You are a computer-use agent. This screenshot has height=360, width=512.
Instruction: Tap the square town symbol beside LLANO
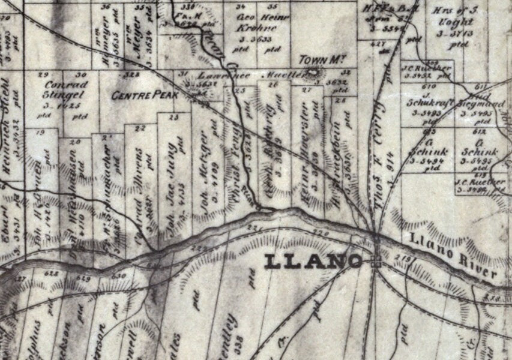376,262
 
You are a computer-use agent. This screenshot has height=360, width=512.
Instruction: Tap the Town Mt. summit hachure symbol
312,74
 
